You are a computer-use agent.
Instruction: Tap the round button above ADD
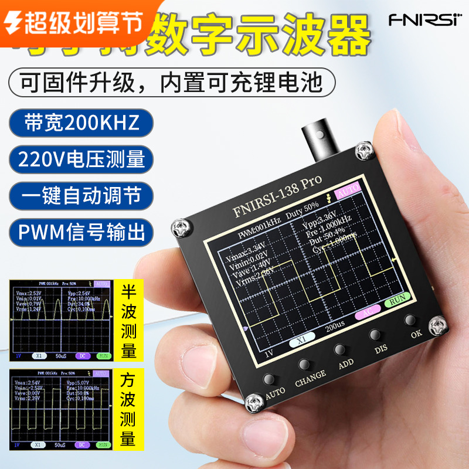pyautogui.click(x=339, y=349)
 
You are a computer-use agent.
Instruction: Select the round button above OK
pyautogui.click(x=410, y=320)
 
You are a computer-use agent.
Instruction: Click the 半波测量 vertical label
pyautogui.click(x=128, y=322)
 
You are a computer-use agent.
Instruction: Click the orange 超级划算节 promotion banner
pyautogui.click(x=73, y=22)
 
